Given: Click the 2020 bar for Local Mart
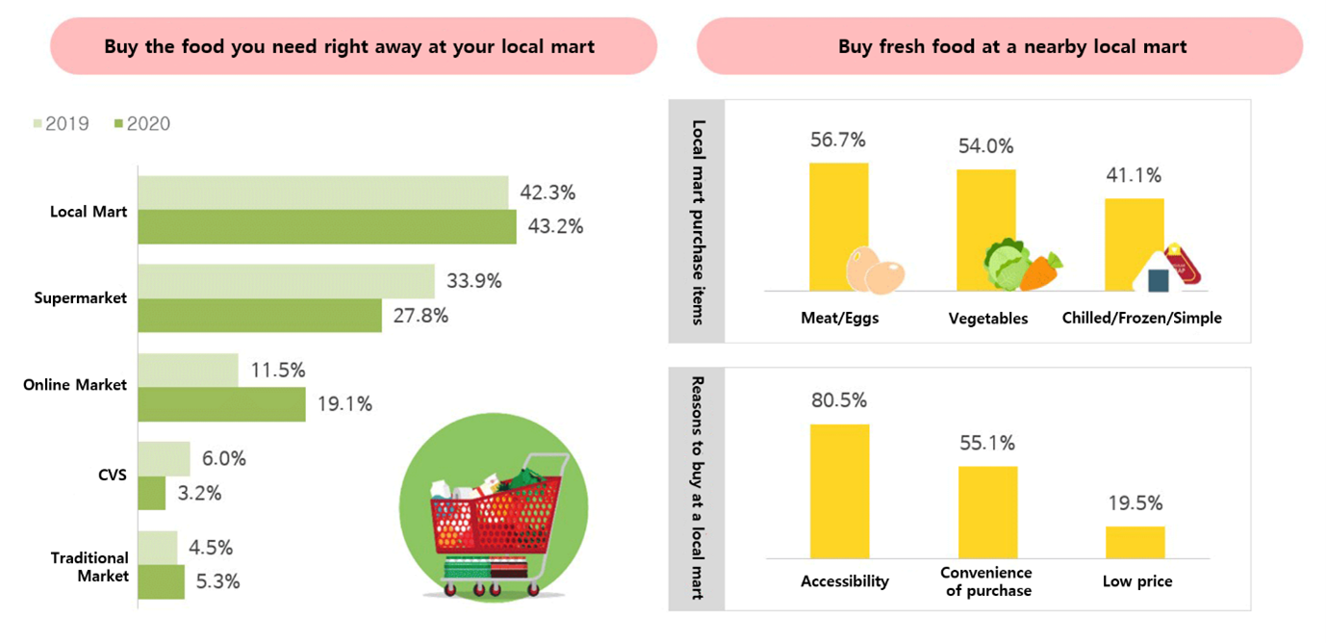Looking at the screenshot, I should click(x=326, y=227).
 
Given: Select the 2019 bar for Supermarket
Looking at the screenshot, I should click(x=286, y=281).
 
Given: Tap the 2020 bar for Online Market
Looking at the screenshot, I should click(x=221, y=404).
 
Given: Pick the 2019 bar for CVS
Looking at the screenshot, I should click(x=164, y=459).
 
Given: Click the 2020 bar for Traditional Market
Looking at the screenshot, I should click(x=161, y=581).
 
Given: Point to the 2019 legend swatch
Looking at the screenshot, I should click(x=38, y=123).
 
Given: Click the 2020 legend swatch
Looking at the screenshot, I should click(x=118, y=123).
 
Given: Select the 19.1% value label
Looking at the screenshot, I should click(x=344, y=404).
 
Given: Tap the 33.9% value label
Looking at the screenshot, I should click(x=474, y=281).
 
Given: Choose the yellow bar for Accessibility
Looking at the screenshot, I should click(x=839, y=491).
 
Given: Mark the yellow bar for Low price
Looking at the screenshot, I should click(x=1135, y=542).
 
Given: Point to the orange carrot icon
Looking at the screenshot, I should click(x=1040, y=272).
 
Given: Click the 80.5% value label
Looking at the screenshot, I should click(x=839, y=399).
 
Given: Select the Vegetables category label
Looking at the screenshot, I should click(x=987, y=319).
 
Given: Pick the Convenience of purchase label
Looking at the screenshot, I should click(x=986, y=581).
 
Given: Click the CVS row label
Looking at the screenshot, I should click(x=113, y=475).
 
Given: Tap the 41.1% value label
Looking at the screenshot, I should click(x=1134, y=175).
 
